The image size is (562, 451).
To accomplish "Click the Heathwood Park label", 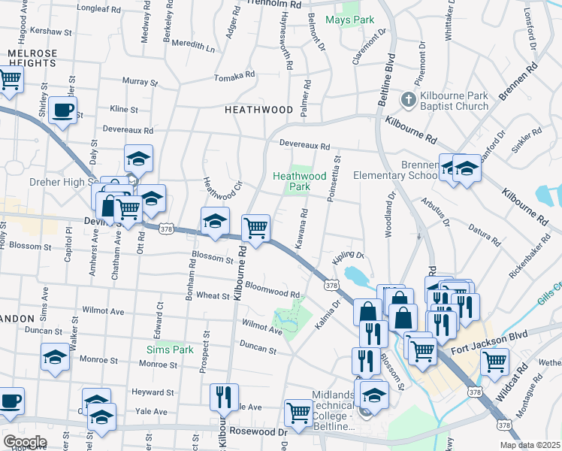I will click(x=299, y=181).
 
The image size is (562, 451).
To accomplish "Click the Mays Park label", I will click(x=349, y=19).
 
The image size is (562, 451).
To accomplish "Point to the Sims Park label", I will click(x=170, y=350).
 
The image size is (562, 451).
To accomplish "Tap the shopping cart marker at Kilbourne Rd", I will click(x=256, y=228).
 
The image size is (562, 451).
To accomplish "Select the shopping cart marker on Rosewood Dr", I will click(x=299, y=413).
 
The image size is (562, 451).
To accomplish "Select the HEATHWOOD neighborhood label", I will click(x=258, y=110).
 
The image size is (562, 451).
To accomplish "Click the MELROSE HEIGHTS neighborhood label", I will click(x=32, y=59).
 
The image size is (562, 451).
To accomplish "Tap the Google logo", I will click(x=25, y=441).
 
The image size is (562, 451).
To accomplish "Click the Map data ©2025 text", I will click(x=530, y=445).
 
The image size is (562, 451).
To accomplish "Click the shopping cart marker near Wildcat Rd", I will click(x=494, y=361).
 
